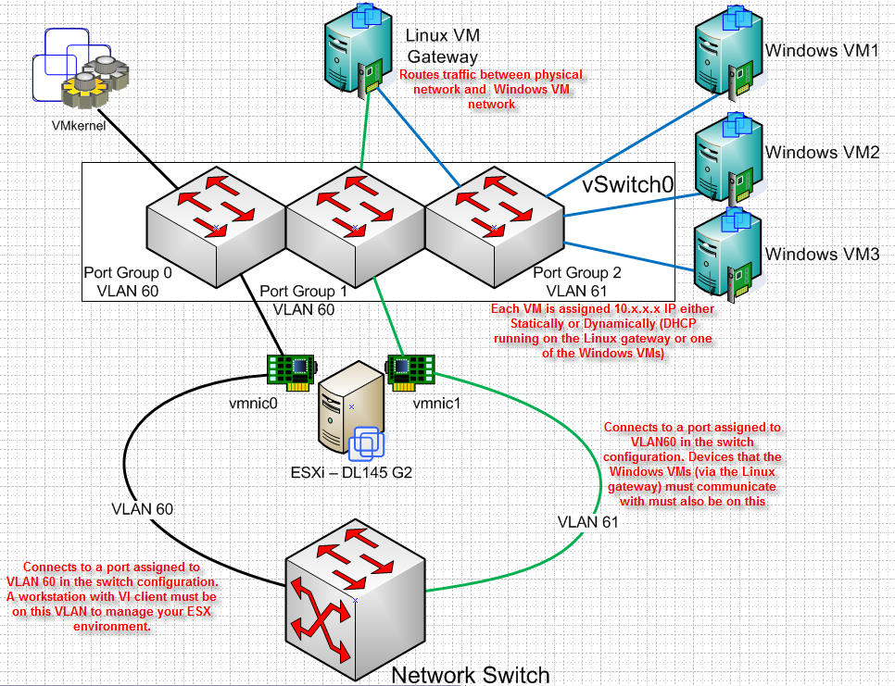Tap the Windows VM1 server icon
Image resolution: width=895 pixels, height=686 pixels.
coord(727,50)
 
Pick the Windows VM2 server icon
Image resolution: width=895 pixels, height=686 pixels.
coord(727,154)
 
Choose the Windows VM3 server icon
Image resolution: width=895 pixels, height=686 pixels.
coord(727,252)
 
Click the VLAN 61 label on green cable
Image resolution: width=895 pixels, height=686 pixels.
coord(588,521)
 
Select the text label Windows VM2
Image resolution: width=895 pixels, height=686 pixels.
coord(821,152)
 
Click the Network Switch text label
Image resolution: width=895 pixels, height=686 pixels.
coord(470,674)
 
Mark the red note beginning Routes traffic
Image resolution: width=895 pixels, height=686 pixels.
coord(491,89)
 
